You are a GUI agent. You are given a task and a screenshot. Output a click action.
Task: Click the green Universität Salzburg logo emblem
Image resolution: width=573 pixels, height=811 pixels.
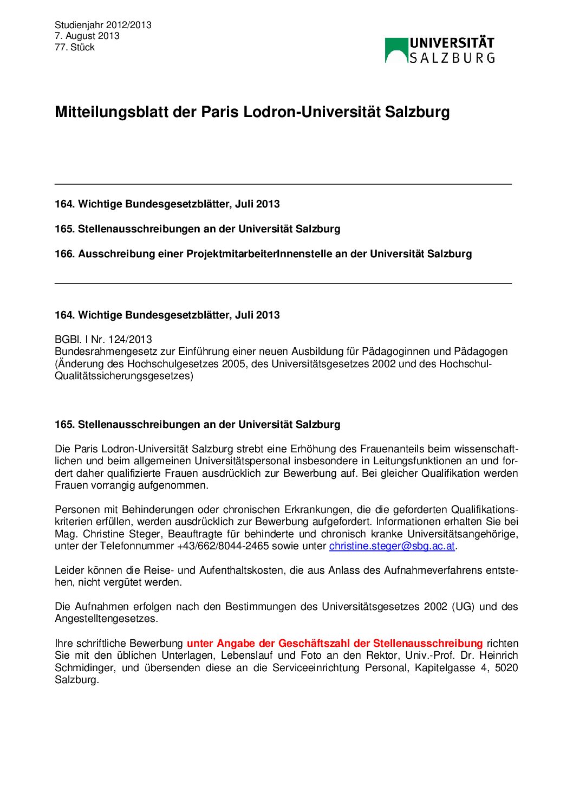pyautogui.click(x=396, y=50)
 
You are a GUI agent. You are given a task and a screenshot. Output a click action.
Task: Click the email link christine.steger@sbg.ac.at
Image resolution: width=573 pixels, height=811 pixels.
pyautogui.click(x=392, y=546)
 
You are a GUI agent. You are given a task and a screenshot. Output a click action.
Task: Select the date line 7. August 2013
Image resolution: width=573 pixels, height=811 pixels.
pyautogui.click(x=87, y=36)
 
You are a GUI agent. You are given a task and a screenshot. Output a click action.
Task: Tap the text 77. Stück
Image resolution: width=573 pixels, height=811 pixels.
pyautogui.click(x=75, y=47)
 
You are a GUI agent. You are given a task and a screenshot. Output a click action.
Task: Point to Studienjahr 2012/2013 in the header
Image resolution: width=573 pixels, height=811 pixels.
pyautogui.click(x=103, y=25)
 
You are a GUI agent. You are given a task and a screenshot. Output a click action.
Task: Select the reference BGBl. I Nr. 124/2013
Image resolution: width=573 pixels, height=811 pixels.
pyautogui.click(x=103, y=340)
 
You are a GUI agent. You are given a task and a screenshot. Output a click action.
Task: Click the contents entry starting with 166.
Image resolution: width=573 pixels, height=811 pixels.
pyautogui.click(x=263, y=254)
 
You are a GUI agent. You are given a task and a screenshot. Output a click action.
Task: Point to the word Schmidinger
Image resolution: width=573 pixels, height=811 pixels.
pyautogui.click(x=85, y=668)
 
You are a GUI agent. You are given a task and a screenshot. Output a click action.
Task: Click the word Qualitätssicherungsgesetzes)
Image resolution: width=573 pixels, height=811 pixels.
pyautogui.click(x=124, y=376)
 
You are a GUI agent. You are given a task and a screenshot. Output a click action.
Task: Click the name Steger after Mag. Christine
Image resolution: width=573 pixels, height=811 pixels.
pyautogui.click(x=145, y=534)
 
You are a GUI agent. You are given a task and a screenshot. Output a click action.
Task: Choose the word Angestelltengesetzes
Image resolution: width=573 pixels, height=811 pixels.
pyautogui.click(x=106, y=619)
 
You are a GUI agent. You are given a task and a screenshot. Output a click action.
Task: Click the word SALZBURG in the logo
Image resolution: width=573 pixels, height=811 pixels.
pyautogui.click(x=452, y=58)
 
